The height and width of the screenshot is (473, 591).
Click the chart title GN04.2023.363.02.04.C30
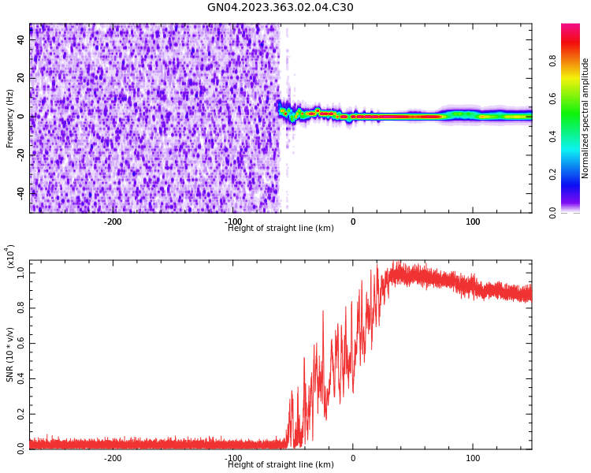280,8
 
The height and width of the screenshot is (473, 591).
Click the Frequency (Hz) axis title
10,118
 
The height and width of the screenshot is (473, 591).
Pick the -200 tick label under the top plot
113,222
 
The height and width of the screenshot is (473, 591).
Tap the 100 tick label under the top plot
473,222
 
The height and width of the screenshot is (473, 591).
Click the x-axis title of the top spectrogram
281,229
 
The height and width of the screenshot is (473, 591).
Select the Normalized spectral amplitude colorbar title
585,118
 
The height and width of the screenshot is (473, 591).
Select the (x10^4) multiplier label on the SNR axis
10,257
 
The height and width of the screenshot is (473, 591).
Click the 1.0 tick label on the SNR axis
21,272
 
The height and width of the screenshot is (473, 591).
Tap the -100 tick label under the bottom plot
233,458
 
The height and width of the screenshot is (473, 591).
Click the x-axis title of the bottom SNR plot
281,465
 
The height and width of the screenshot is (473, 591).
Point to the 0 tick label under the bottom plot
353,458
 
